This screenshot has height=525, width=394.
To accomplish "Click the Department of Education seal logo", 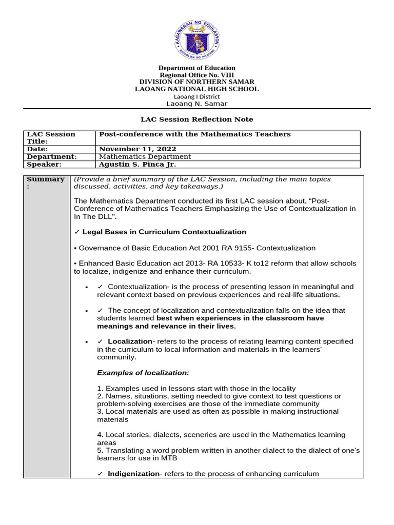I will click(x=197, y=35).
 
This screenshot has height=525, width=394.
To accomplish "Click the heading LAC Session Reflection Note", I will click(x=197, y=119).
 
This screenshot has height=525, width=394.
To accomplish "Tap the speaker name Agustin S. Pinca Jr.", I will click(x=137, y=165).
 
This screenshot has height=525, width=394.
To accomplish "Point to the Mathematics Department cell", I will click(x=145, y=157).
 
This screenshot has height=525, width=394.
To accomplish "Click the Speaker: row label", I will click(x=44, y=165).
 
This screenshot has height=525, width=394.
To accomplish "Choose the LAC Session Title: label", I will click(x=51, y=137).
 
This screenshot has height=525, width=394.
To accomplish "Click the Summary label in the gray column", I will click(x=46, y=183).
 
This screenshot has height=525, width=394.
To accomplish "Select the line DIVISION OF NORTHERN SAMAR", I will click(x=197, y=82).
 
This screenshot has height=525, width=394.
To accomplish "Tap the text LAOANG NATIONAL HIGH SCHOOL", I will click(x=197, y=89).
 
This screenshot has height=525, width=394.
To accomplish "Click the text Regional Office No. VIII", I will click(x=197, y=75).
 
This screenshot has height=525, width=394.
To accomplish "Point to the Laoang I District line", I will click(x=197, y=96).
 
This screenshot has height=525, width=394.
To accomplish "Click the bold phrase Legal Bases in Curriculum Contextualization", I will click(x=164, y=232).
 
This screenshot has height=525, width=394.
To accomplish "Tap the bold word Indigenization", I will click(x=133, y=474).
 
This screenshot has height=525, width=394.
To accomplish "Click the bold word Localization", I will click(x=130, y=341).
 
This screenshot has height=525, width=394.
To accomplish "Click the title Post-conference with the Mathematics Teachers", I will click(x=194, y=134).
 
